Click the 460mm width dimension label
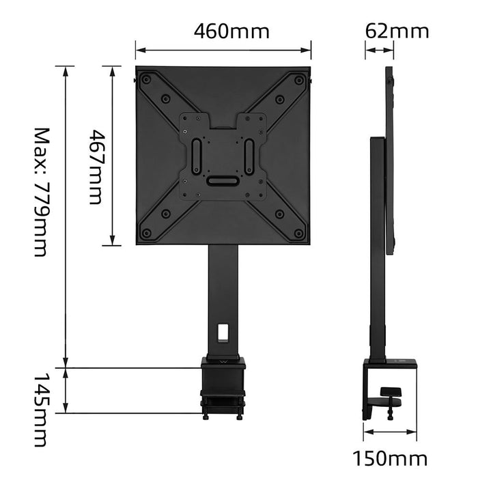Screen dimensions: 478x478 pyautogui.click(x=231, y=31)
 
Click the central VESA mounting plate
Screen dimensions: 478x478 pyautogui.click(x=223, y=156)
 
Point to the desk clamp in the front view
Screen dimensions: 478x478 pyautogui.click(x=223, y=386)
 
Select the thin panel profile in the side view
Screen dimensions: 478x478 pyautogui.click(x=390, y=160)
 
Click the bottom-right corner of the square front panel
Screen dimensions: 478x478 pyautogui.click(x=311, y=245)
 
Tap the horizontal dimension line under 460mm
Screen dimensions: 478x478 pyautogui.click(x=223, y=48)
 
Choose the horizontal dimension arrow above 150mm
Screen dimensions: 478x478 pyautogui.click(x=390, y=432)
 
